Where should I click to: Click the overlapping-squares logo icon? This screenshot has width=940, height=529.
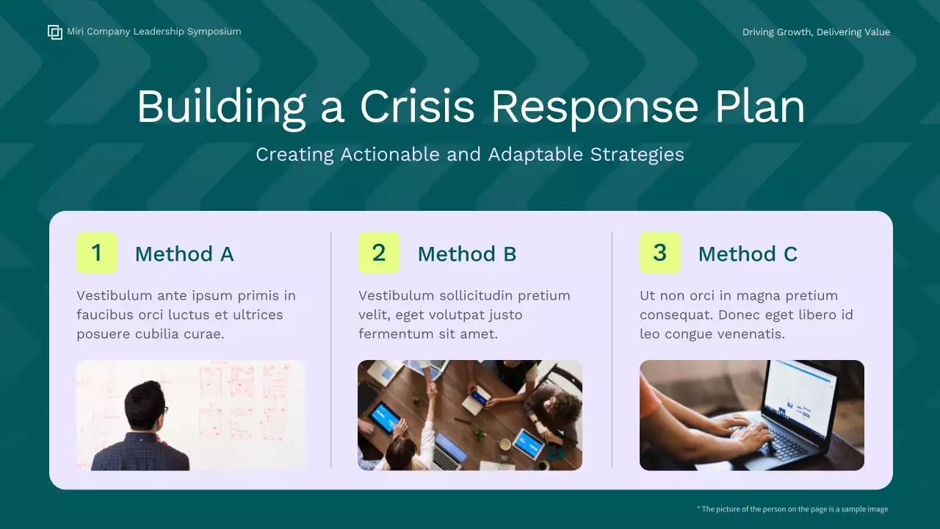point(55,32)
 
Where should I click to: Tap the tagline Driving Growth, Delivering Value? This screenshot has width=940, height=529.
point(816,32)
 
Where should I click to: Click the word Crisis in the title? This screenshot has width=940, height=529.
point(417,107)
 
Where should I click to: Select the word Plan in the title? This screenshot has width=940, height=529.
point(760,107)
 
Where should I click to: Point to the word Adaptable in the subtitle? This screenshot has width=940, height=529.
point(535,155)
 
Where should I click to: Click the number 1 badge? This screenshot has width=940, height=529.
point(97,253)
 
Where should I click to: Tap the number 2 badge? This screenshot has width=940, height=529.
point(378,253)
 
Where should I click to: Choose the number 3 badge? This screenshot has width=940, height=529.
point(660,253)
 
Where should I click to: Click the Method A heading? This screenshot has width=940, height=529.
point(184,254)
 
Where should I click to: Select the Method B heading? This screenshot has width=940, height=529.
point(467,254)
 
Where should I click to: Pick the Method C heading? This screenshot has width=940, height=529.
point(748,254)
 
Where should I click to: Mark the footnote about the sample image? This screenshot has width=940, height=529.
point(792,509)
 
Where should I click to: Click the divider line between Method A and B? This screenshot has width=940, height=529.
point(330,349)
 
